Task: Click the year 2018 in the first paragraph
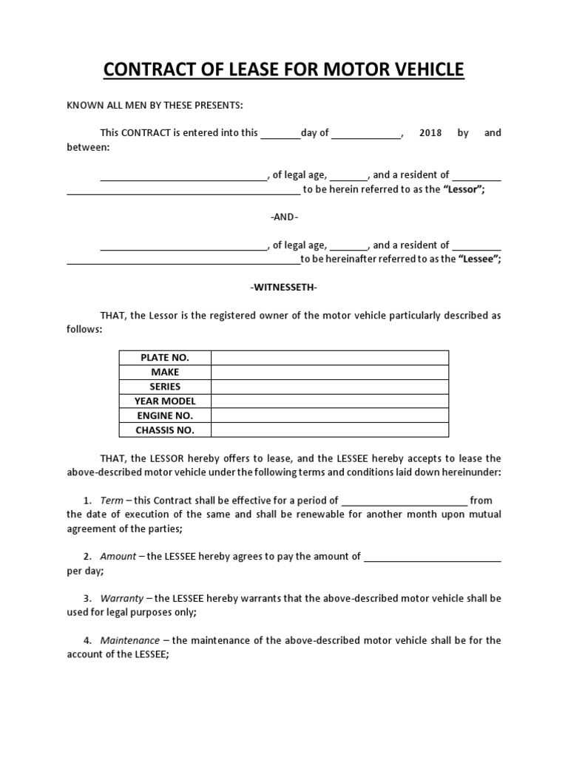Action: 430,133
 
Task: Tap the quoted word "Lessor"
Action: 464,189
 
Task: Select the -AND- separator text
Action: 284,217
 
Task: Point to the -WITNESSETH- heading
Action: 284,287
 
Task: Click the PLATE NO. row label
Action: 165,358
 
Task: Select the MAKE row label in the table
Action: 165,372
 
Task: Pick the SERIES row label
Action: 165,387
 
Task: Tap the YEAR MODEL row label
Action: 165,401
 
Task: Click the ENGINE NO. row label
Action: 165,415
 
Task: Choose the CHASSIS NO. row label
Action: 165,430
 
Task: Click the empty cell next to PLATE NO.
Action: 330,358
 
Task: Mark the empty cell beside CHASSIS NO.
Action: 330,430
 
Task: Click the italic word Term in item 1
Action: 112,500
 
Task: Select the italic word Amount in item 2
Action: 118,556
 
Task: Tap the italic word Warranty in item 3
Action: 122,598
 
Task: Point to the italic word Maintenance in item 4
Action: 129,640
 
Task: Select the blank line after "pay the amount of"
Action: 433,557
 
